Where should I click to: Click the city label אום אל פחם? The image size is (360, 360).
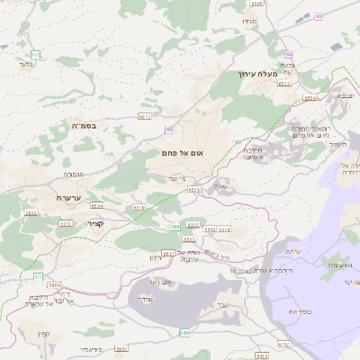[180, 155]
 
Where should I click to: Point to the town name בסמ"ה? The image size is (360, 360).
[84, 126]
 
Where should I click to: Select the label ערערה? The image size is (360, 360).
[68, 197]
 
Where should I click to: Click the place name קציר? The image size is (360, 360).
[97, 223]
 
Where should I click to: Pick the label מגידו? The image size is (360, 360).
[249, 20]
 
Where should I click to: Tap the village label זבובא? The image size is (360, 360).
[346, 94]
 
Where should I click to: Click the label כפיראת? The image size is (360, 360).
[300, 310]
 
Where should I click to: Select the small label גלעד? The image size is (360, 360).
[24, 65]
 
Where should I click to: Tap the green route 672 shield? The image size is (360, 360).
[35, 55]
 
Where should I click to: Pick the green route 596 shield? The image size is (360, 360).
[175, 227]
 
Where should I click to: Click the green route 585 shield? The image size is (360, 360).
[184, 333]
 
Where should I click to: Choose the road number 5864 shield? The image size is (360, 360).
[54, 284]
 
